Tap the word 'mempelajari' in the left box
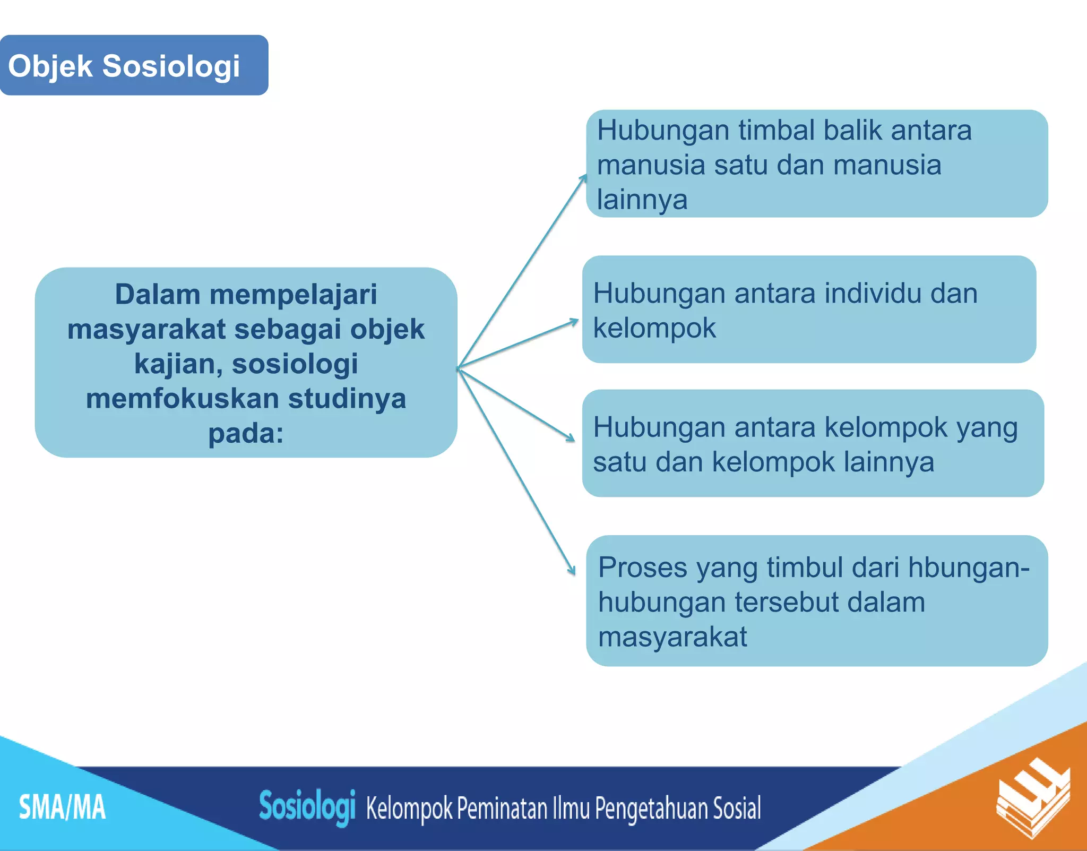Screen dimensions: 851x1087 click(293, 295)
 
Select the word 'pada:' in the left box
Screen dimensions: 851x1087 click(246, 433)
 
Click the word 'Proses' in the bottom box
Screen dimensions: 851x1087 click(642, 568)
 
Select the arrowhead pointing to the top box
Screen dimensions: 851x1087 click(584, 178)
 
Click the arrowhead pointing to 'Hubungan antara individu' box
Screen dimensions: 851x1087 click(574, 321)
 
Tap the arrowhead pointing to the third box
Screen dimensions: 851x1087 click(571, 438)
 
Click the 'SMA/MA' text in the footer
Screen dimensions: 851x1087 click(62, 807)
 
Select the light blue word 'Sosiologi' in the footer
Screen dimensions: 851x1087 click(307, 806)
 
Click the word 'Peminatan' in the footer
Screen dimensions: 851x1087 click(502, 808)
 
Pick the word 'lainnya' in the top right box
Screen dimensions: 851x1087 click(642, 200)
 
